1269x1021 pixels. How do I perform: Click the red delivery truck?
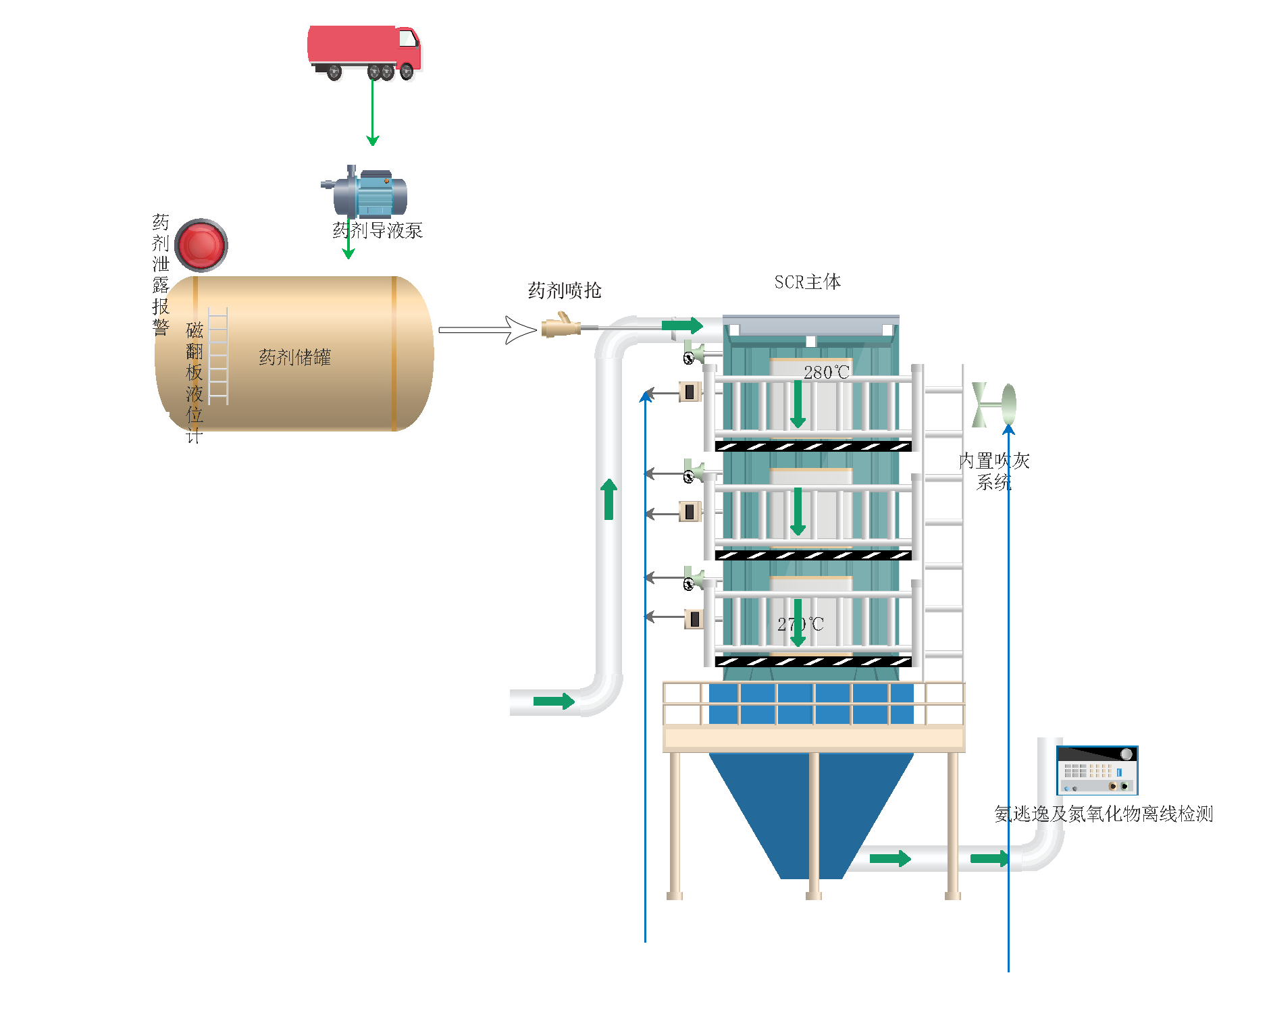(364, 51)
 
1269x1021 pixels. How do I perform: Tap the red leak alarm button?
(201, 244)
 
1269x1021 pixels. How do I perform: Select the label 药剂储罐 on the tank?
(294, 357)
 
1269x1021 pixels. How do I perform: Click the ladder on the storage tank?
(218, 357)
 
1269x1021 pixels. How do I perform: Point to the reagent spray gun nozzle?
(561, 327)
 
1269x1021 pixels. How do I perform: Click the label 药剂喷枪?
(564, 290)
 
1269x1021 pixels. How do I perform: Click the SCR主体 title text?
(807, 282)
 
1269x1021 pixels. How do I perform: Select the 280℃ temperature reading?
(825, 372)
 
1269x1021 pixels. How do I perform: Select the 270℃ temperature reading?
(800, 624)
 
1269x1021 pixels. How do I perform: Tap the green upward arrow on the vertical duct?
(609, 499)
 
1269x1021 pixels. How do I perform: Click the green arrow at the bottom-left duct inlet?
(554, 701)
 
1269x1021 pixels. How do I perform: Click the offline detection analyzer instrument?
(1097, 770)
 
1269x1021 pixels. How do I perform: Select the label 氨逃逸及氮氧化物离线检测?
(1104, 814)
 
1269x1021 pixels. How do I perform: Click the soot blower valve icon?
(993, 404)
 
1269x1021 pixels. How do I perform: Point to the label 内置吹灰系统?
(993, 471)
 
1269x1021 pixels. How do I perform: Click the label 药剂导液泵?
(378, 230)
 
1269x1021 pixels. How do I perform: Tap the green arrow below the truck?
(372, 112)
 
